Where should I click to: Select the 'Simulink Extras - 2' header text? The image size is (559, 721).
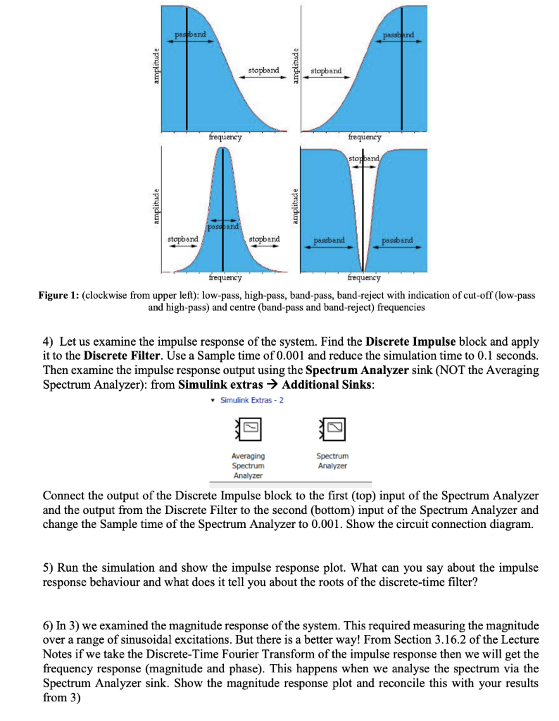point(250,400)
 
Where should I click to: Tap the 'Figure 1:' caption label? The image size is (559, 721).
point(58,296)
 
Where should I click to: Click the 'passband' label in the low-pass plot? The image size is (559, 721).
point(191,35)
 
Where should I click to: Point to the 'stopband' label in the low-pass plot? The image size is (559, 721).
point(263,70)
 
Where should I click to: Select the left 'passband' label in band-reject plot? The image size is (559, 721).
point(328,240)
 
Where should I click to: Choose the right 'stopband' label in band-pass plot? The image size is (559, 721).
point(264,239)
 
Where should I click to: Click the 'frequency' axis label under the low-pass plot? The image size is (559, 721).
point(225,137)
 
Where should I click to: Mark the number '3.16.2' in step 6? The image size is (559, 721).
point(375,639)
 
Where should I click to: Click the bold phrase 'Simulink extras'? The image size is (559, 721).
point(220,383)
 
